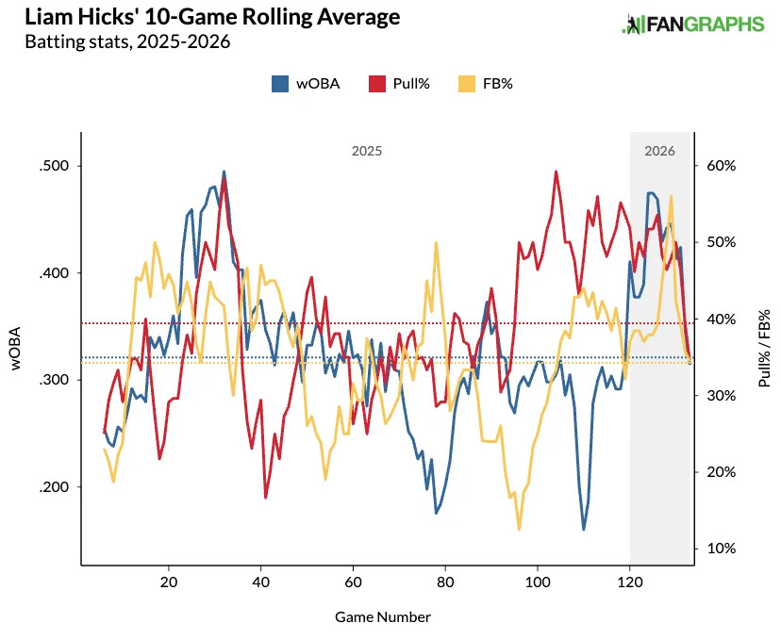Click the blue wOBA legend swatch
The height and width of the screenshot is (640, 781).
tap(280, 83)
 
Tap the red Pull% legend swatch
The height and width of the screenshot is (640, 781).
tap(377, 83)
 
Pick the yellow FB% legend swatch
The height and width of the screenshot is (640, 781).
tap(466, 83)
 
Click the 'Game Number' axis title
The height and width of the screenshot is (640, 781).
tap(383, 617)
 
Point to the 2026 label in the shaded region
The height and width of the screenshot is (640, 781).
tap(659, 151)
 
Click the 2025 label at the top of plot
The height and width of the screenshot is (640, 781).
tap(367, 151)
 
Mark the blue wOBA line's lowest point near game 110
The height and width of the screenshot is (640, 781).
tap(583, 529)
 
